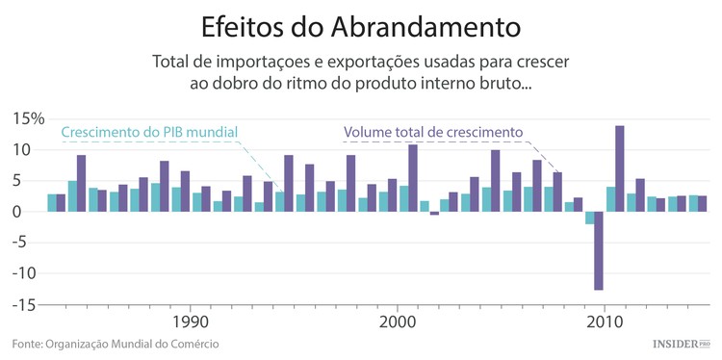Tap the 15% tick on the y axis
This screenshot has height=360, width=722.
click(28, 119)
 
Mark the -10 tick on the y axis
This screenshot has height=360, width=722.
click(29, 273)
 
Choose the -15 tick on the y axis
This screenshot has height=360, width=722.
click(29, 304)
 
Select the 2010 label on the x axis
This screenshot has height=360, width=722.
click(605, 321)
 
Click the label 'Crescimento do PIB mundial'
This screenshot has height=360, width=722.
click(148, 132)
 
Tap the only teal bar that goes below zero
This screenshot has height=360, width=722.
click(589, 218)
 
